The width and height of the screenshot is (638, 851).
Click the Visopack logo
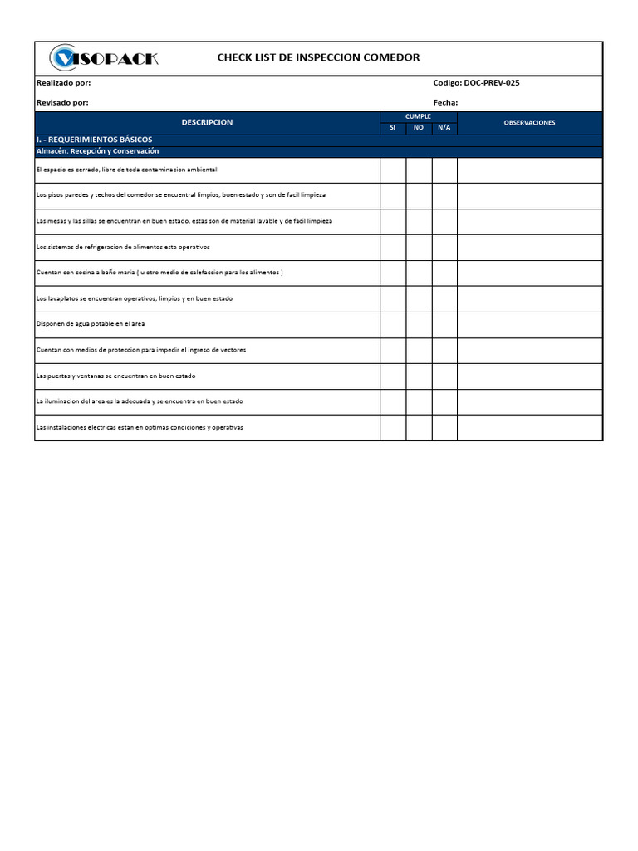coord(104,58)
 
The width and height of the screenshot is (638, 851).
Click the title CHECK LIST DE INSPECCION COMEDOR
coord(318,57)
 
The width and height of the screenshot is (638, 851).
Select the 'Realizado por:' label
coord(64,83)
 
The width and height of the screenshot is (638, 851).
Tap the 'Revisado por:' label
coord(62,102)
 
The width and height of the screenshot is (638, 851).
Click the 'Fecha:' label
coord(445,102)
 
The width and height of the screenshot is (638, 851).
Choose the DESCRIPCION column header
coord(207,122)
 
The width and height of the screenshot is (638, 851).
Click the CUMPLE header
coord(418,116)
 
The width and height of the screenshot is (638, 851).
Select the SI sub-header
coord(393,128)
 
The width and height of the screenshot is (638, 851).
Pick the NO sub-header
coord(419,128)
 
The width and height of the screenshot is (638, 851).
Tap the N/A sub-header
coord(444,128)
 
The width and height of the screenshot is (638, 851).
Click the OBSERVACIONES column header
coord(529,122)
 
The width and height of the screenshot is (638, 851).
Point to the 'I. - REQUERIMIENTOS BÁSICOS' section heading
coord(94,140)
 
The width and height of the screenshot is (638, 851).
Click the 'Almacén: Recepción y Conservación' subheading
coord(97,151)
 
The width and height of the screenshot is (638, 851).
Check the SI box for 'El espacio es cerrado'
coord(393,170)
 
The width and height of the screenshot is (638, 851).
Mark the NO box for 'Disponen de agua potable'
coord(419,324)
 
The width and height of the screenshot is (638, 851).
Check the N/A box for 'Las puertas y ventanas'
coord(444,376)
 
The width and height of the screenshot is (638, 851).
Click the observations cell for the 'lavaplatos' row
coord(529,298)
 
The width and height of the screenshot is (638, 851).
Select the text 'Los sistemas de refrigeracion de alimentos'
coord(123,248)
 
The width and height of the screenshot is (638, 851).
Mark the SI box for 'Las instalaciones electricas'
coord(393,427)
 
